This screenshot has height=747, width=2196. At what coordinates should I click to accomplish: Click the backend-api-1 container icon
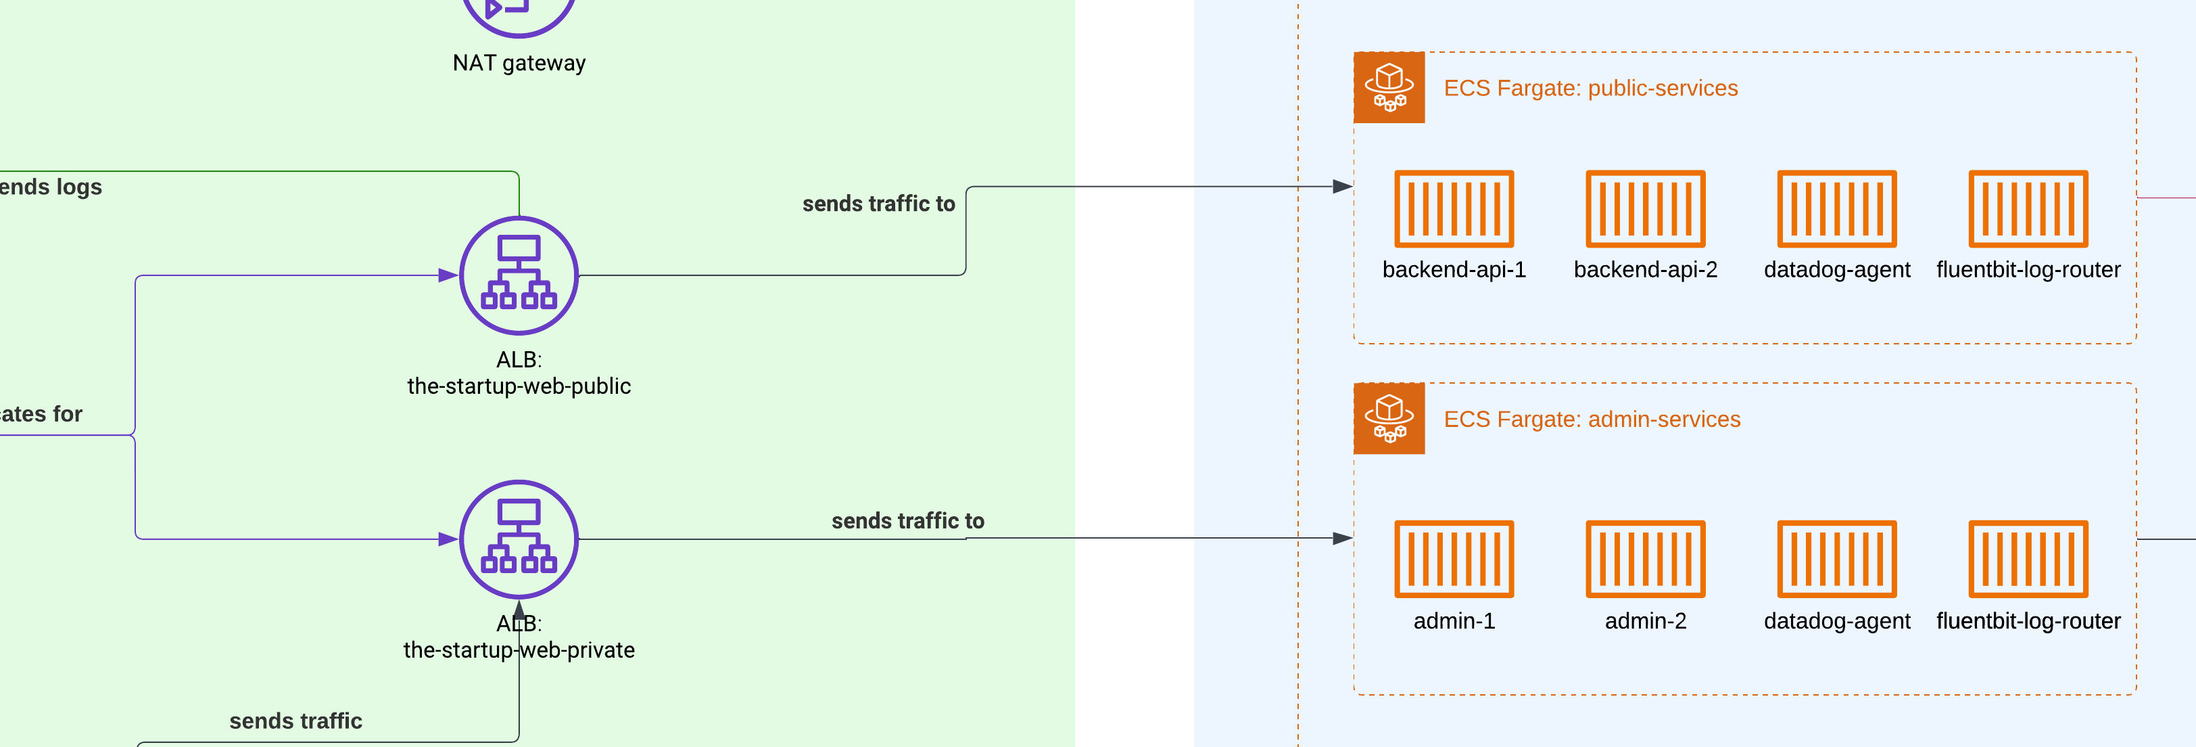pos(1454,209)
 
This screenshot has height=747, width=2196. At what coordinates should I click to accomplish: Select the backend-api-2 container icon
pos(1645,209)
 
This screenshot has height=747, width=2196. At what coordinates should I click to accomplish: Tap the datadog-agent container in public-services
pos(1836,209)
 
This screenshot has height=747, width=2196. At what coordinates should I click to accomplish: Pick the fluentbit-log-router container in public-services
pos(2028,209)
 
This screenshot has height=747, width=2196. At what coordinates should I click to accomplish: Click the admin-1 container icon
pos(1454,560)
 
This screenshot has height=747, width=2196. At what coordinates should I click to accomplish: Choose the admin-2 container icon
pos(1645,560)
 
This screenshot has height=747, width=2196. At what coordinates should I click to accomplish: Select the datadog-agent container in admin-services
pos(1836,560)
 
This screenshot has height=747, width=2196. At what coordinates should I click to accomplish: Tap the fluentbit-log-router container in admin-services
pos(2028,560)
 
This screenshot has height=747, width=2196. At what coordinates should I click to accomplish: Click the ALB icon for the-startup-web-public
pos(519,275)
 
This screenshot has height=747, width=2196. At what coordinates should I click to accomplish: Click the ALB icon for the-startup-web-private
pos(519,539)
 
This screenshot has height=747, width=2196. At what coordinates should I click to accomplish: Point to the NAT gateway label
pos(519,63)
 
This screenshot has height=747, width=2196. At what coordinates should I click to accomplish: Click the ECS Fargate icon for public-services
pos(1389,87)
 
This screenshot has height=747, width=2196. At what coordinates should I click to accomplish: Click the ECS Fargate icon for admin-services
pos(1389,418)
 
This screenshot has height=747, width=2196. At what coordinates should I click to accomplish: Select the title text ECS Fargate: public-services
pos(1590,88)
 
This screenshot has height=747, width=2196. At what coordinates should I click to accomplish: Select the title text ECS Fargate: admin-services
pos(1592,419)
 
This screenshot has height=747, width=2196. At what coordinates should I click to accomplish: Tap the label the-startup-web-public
pos(519,386)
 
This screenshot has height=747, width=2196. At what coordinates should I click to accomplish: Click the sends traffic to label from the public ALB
pos(878,204)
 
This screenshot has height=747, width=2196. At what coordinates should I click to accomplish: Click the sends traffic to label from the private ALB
pos(907,520)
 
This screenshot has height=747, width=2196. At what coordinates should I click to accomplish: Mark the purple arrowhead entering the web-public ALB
pos(448,275)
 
